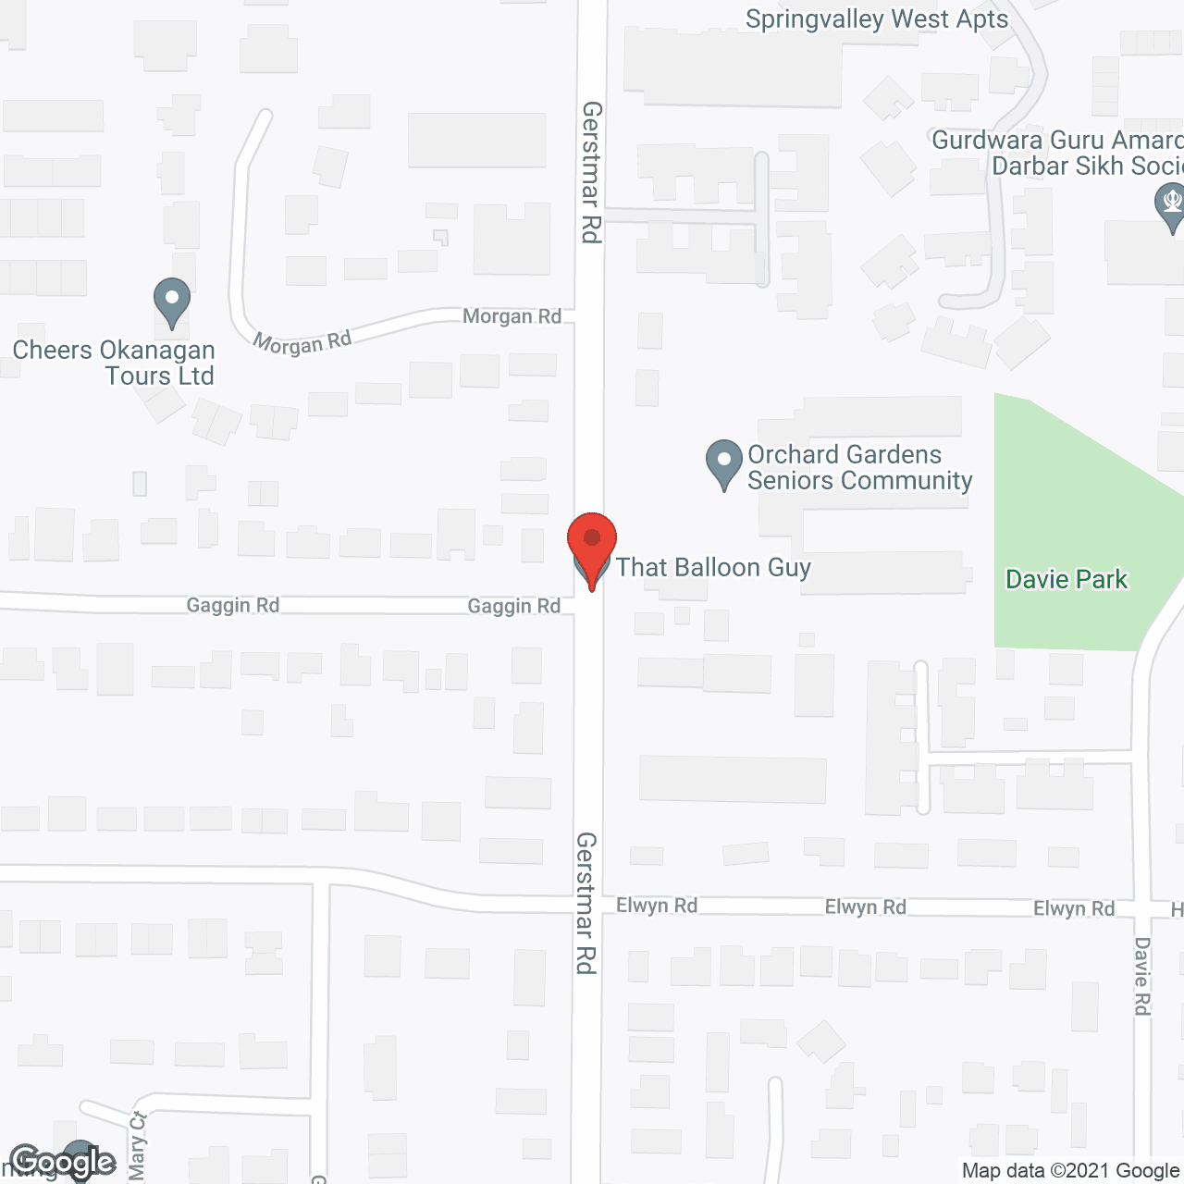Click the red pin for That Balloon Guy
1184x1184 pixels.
tap(591, 541)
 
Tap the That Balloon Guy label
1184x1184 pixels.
tap(713, 567)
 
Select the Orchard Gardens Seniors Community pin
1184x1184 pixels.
tap(723, 462)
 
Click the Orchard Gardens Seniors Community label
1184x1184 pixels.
tap(859, 468)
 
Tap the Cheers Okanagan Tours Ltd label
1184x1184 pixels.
tap(114, 363)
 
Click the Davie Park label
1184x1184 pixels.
tap(1067, 580)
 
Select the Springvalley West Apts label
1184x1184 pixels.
tap(876, 18)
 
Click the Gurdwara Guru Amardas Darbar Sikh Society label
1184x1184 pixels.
tap(1057, 154)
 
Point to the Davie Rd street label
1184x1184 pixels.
tap(1142, 976)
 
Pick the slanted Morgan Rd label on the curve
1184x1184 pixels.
tap(302, 342)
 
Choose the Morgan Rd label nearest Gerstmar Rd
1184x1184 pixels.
tap(512, 316)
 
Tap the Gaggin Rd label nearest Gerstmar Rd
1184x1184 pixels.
tap(513, 606)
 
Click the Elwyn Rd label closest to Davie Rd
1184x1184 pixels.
tap(1073, 908)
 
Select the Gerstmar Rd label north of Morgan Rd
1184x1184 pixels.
tap(592, 172)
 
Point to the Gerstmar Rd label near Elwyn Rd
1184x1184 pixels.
tap(586, 902)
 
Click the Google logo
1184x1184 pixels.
tap(62, 1162)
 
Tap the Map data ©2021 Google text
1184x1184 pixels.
tap(1071, 1171)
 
